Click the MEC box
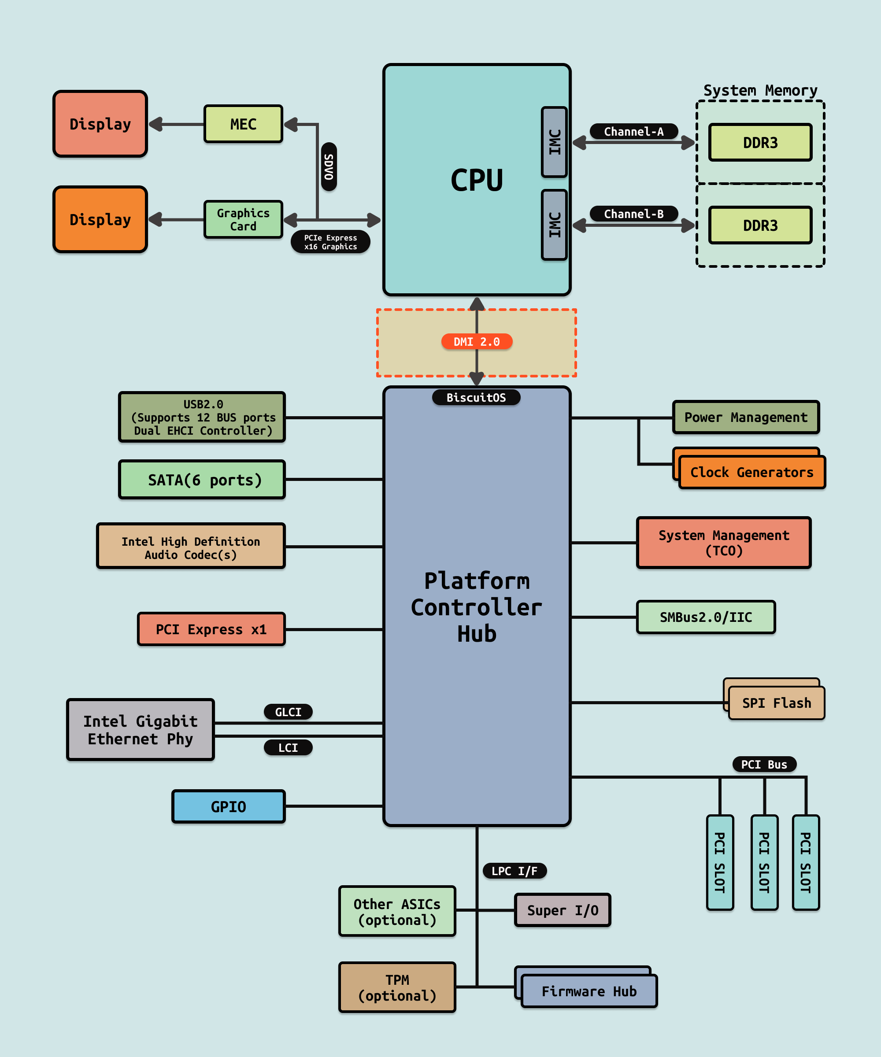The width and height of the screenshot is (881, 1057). tap(243, 124)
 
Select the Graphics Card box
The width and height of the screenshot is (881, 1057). tap(243, 219)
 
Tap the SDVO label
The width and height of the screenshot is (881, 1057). tap(329, 166)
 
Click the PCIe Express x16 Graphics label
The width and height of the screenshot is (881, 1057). tap(330, 242)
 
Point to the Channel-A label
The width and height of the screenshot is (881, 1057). tap(633, 131)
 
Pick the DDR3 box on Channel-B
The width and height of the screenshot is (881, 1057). tap(760, 225)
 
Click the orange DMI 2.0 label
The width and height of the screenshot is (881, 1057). tap(476, 342)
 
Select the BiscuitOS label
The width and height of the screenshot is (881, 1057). tap(476, 398)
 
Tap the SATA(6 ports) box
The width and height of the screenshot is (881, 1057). tap(202, 480)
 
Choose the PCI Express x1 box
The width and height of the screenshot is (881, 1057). tap(211, 629)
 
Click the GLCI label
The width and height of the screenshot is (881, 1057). tap(288, 712)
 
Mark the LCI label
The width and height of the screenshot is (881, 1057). tap(288, 747)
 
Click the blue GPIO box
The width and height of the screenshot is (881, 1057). tap(229, 806)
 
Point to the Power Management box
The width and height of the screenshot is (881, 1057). tap(746, 417)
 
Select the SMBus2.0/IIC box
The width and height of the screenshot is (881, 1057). tap(706, 617)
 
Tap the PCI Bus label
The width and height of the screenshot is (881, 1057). tap(764, 764)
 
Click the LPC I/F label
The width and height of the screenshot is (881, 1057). tap(514, 871)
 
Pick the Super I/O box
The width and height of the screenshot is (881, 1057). tap(563, 910)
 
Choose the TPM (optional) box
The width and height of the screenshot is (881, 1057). tap(397, 987)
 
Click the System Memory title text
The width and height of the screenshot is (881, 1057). tap(760, 91)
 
